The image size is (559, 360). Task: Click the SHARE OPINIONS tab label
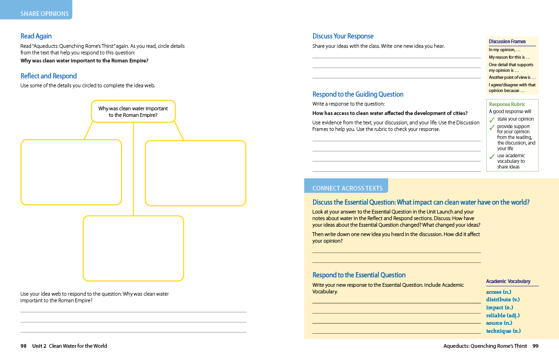click(x=45, y=14)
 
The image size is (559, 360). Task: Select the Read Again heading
click(x=36, y=36)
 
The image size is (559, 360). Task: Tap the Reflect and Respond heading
click(x=49, y=76)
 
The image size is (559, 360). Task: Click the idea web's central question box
click(x=133, y=112)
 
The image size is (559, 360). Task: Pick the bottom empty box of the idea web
click(x=133, y=248)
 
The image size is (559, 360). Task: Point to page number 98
click(x=23, y=346)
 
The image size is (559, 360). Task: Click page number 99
click(x=536, y=346)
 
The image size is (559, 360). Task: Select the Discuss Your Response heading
click(x=343, y=36)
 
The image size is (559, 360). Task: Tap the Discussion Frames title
click(x=507, y=41)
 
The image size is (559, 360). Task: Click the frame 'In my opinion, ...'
click(x=505, y=50)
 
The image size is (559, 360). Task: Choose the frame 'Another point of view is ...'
click(x=512, y=77)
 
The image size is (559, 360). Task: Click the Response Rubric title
click(x=507, y=104)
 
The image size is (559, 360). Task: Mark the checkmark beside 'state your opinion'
click(x=492, y=120)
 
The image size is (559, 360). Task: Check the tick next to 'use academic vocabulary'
click(x=492, y=157)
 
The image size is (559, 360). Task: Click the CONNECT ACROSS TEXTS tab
click(x=347, y=188)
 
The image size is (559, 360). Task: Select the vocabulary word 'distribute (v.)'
click(x=503, y=299)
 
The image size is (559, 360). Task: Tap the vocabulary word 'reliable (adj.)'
click(x=503, y=315)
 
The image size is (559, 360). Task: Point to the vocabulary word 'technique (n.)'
click(x=503, y=331)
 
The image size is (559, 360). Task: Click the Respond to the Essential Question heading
click(x=359, y=275)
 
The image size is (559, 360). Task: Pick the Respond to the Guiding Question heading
click(x=358, y=94)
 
